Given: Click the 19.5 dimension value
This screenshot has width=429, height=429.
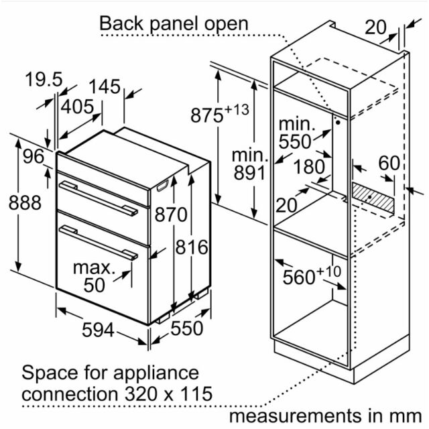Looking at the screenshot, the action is [44, 80].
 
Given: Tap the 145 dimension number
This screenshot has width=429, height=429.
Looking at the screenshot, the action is [105, 86].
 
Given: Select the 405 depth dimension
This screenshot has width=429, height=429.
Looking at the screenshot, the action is [77, 107].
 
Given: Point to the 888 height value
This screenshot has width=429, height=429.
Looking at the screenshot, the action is [25, 202].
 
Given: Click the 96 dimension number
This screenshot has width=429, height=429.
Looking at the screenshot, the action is [34, 156].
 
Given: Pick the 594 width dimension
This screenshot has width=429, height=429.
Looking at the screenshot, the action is [98, 330].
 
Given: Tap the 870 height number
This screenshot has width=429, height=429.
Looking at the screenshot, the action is [171, 214].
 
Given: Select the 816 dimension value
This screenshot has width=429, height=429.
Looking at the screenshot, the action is [192, 247].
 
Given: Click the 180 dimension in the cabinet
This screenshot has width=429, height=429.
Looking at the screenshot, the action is [310, 167].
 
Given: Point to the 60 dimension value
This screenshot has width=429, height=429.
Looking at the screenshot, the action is [389, 164].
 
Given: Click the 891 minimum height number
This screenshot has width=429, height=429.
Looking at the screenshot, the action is [249, 173].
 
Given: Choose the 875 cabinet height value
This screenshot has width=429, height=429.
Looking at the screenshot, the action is [207, 115].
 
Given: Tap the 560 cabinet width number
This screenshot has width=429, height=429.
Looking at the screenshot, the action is [299, 277].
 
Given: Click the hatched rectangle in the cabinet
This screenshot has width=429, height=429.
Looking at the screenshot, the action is [373, 198].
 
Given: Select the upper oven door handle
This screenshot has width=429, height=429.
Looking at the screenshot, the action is [99, 198].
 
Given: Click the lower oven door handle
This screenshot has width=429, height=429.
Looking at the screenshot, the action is [99, 243].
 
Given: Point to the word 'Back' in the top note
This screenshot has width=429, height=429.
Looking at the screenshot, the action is [121, 23].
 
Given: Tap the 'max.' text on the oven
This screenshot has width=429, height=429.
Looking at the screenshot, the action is [94, 268].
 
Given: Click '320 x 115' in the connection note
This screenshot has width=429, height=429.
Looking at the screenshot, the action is [168, 393].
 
